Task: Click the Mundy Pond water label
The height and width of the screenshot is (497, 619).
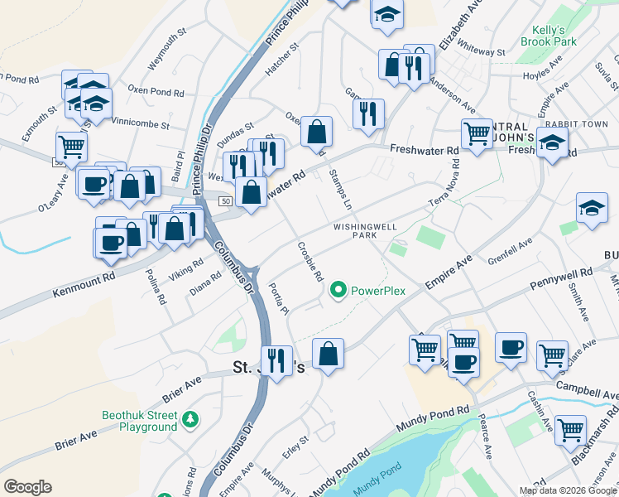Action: (x=377, y=490)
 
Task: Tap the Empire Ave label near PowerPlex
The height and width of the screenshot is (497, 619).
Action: (x=448, y=272)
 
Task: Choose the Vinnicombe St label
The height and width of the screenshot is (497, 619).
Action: (x=140, y=123)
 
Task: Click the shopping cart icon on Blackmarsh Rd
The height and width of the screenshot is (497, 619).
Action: (x=570, y=431)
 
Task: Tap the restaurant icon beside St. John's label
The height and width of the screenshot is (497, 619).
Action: (x=276, y=360)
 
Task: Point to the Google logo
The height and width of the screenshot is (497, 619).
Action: (x=27, y=487)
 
